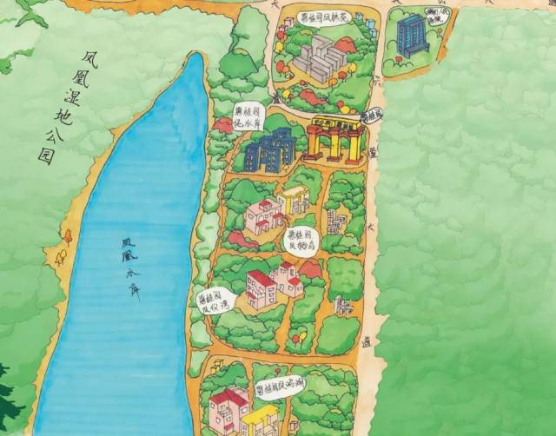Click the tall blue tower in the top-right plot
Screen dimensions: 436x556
[x=411, y=36]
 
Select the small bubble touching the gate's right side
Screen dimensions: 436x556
[x=374, y=115]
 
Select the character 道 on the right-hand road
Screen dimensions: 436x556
[x=367, y=343]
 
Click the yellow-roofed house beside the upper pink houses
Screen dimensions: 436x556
[x=294, y=200]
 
